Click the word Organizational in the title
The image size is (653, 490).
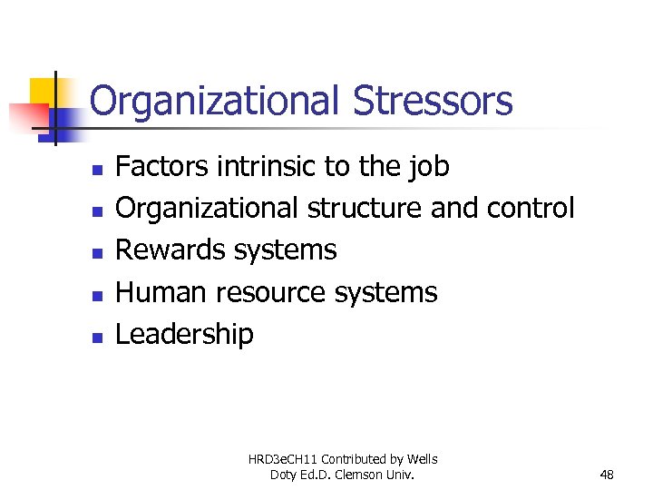(214, 102)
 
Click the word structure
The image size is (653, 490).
(365, 209)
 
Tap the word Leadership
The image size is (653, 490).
(184, 335)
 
